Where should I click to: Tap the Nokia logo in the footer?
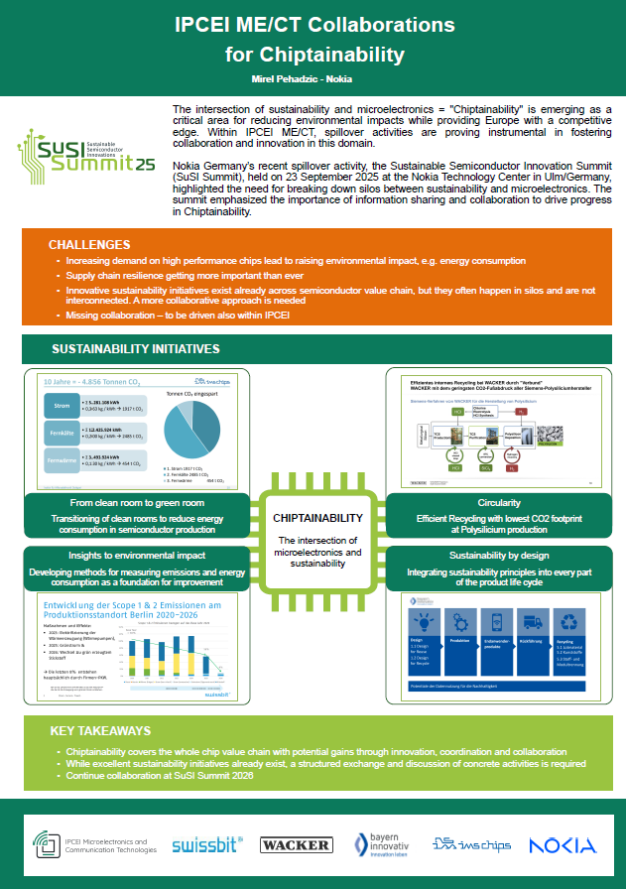coord(563,844)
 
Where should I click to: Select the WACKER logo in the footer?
coord(296,844)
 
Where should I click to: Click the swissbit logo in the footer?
coord(207,845)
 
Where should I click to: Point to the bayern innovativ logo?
coord(382,844)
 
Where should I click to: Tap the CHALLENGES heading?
coord(90,244)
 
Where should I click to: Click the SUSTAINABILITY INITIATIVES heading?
coord(136,349)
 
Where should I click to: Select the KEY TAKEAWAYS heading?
coord(100,731)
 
